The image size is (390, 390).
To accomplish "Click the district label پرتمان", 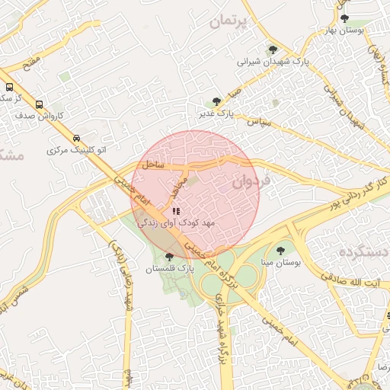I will tap(227, 22).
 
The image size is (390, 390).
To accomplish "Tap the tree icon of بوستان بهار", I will tap(344, 18).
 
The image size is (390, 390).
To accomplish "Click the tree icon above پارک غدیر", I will tap(216, 101).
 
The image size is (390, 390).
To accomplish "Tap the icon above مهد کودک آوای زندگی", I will tap(176, 211).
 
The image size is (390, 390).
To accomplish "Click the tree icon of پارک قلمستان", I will tap(168, 257).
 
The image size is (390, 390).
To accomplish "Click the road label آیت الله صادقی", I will tap(359, 283).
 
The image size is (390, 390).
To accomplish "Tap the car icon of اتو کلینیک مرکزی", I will tap(75, 138).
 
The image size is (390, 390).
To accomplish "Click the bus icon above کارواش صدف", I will tap(39, 105).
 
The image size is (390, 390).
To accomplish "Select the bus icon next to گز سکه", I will tap(9, 87).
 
